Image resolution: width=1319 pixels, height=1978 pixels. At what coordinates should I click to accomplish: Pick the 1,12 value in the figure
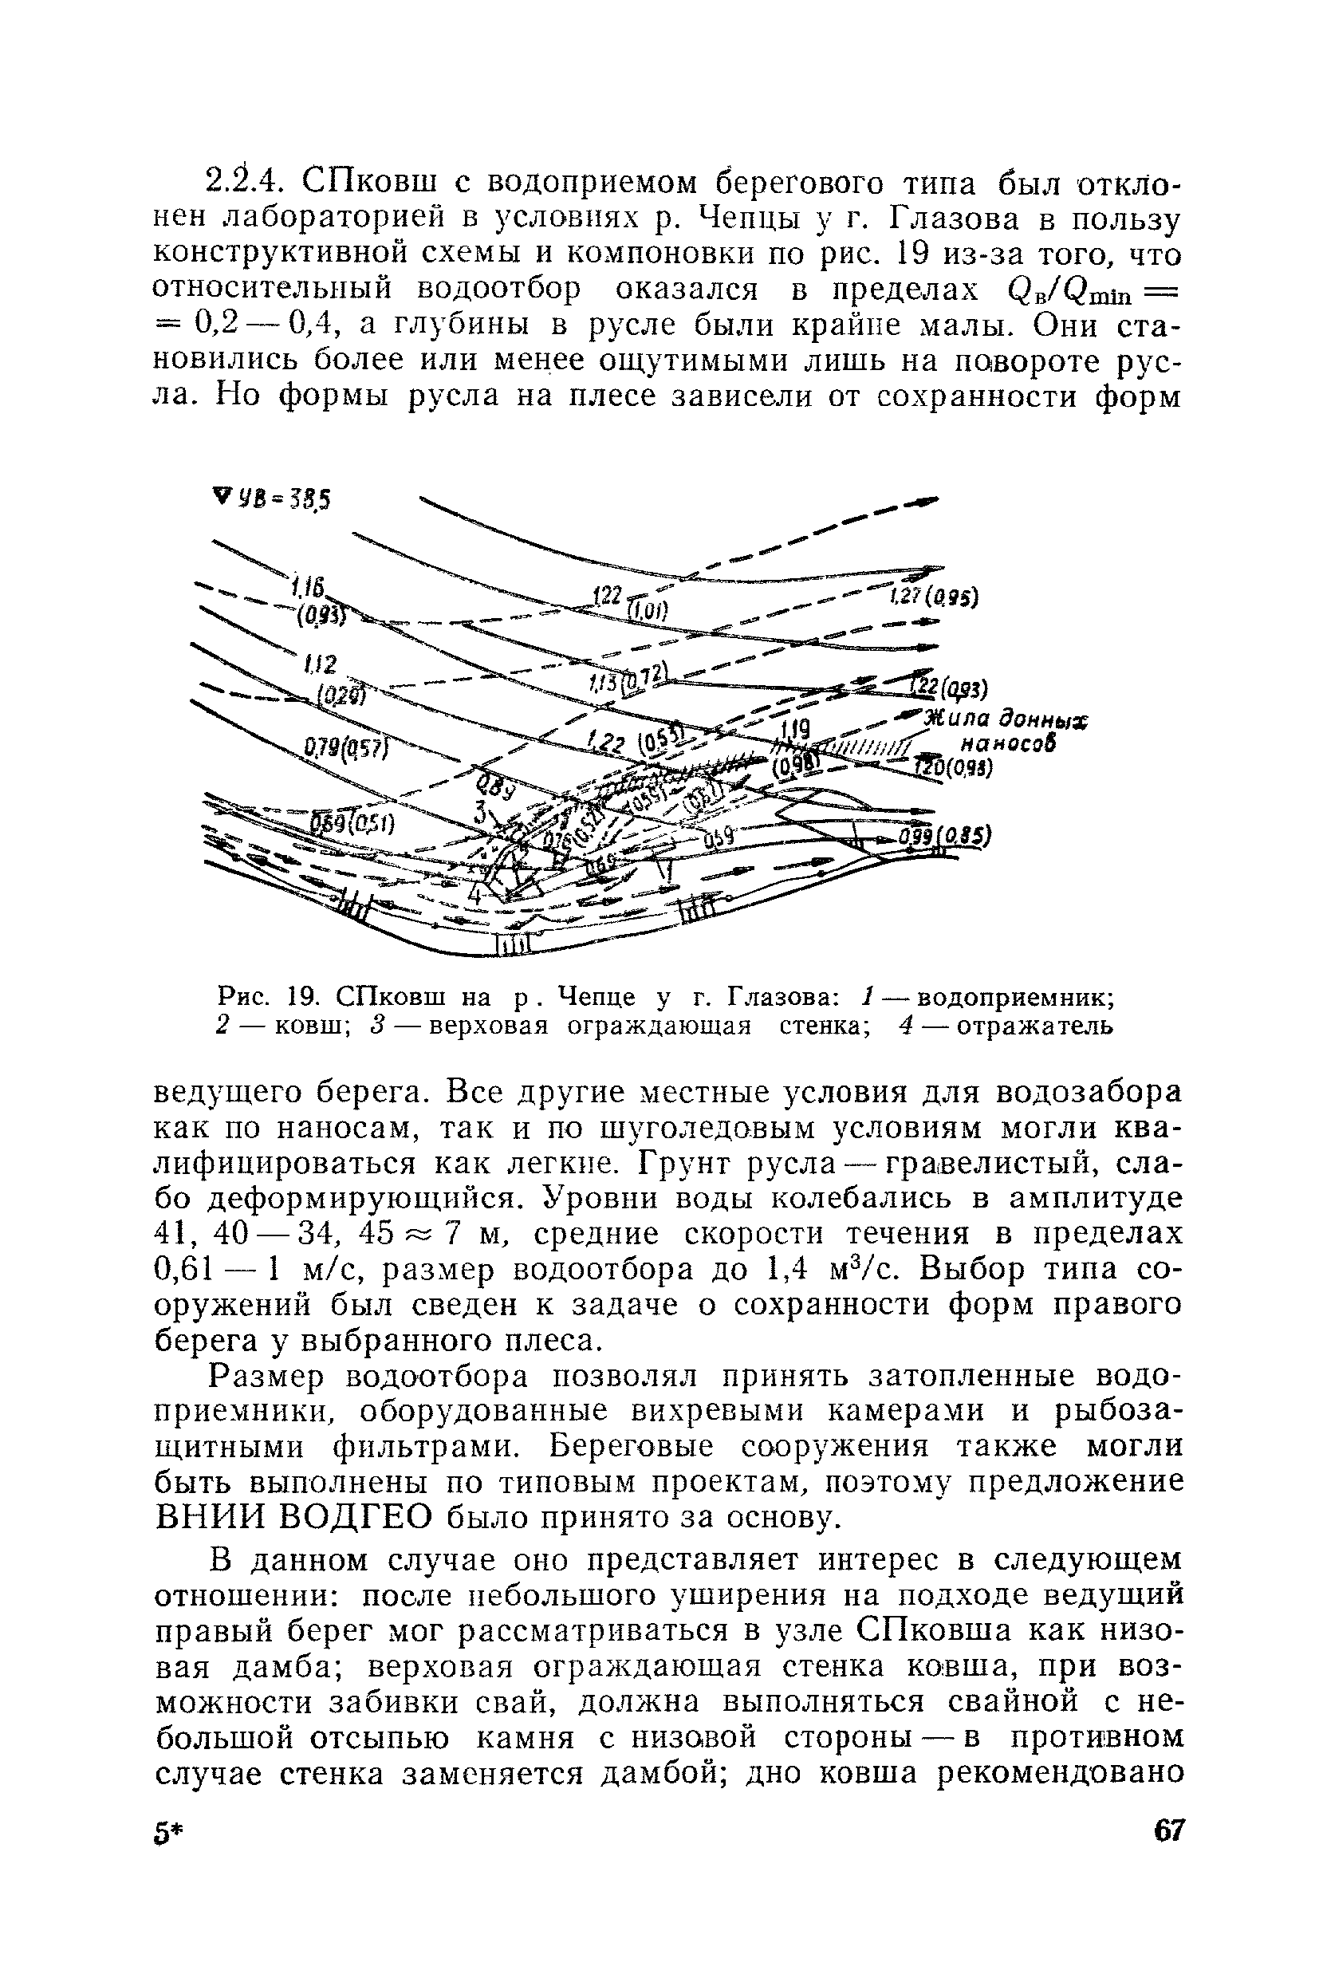point(321,665)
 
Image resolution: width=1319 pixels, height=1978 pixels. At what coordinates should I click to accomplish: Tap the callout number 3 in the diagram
point(480,814)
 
